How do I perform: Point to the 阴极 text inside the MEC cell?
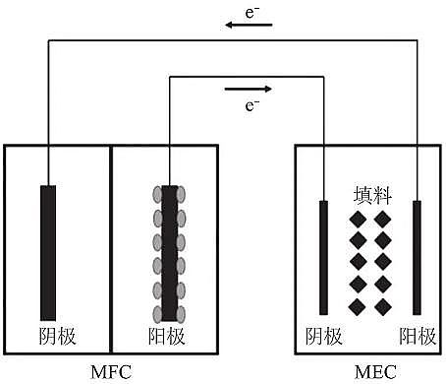324,337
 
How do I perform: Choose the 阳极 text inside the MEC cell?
417,337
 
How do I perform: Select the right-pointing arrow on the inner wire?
249,88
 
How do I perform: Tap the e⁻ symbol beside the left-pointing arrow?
251,10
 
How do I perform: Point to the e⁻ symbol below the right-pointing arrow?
251,104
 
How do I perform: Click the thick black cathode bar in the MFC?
48,251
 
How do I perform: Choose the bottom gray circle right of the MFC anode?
183,313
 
